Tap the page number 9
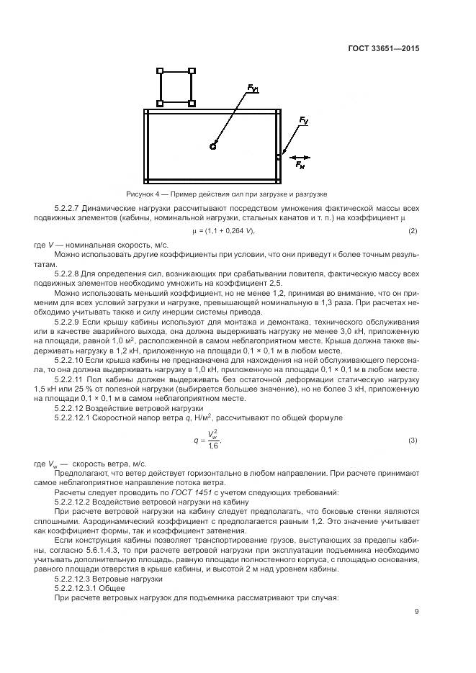coord(416,613)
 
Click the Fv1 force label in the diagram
coord(253,89)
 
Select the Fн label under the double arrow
coord(300,165)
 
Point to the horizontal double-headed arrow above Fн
coord(302,155)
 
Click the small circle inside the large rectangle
coord(212,146)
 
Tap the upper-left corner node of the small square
coord(160,71)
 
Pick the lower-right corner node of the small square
coord(192,104)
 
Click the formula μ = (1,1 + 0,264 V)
coord(223,230)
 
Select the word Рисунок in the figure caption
coord(140,194)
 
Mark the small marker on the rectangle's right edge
coord(279,155)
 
